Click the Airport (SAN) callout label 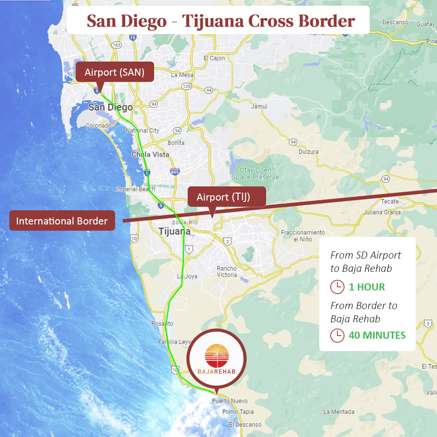tap(115, 72)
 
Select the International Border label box tap(62, 221)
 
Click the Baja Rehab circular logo tap(216, 359)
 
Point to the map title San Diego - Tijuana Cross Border tap(220, 20)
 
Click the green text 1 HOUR tap(367, 287)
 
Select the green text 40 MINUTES tap(377, 335)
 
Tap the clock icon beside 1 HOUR tap(337, 287)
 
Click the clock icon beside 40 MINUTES tap(337, 335)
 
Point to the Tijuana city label tap(174, 231)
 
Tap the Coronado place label tap(98, 126)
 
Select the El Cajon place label tap(214, 58)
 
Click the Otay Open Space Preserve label tap(255, 174)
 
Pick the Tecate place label tap(390, 201)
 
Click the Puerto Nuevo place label tap(230, 401)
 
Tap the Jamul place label tap(259, 106)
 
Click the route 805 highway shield tap(175, 171)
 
